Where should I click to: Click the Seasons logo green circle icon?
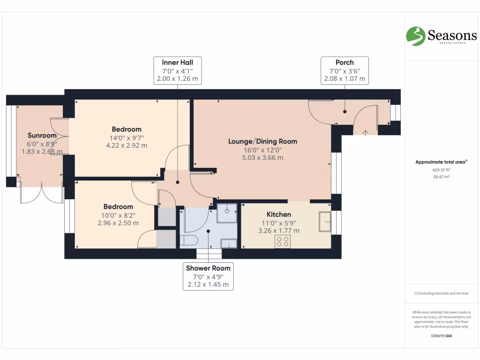tap(415, 36)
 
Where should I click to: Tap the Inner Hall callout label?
tap(178, 70)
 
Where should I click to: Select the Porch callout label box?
tap(345, 70)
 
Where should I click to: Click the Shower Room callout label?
tap(208, 276)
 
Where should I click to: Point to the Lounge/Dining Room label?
tap(262, 141)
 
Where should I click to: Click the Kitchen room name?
tap(279, 214)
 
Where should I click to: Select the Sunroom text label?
tap(42, 135)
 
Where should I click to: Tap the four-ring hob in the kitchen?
tap(283, 241)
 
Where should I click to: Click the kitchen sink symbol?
tap(324, 221)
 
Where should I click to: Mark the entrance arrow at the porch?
tap(366, 132)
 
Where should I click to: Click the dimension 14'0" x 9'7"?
tap(127, 137)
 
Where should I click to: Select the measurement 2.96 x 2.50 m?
tap(118, 223)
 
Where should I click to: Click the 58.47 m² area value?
tap(441, 177)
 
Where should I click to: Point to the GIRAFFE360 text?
tap(441, 336)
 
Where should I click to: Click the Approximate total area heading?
tap(441, 162)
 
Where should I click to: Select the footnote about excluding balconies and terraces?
tap(441, 293)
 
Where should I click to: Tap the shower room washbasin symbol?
tap(228, 243)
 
